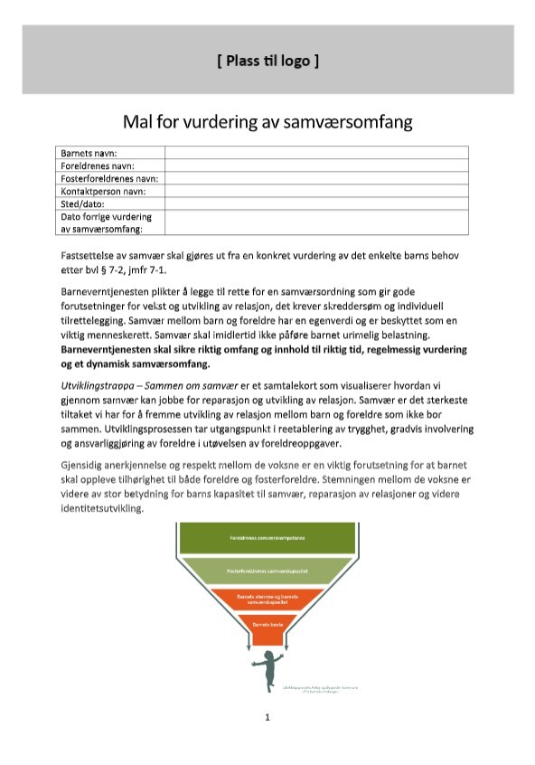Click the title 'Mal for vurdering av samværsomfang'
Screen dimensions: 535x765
click(x=267, y=120)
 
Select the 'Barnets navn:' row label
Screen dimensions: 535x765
click(x=89, y=153)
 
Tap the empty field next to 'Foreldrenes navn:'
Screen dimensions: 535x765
click(x=315, y=165)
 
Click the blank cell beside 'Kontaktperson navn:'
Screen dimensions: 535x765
click(x=315, y=191)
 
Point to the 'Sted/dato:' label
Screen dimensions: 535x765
click(x=83, y=203)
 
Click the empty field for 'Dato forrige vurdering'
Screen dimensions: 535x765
click(x=315, y=222)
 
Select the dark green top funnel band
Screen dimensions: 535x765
click(x=267, y=537)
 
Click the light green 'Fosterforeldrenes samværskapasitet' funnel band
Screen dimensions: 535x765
click(x=267, y=572)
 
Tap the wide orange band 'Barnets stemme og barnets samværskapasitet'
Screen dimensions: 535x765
click(x=267, y=600)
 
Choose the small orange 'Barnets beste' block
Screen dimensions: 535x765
click(x=267, y=624)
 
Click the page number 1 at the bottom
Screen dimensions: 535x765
click(x=267, y=718)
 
